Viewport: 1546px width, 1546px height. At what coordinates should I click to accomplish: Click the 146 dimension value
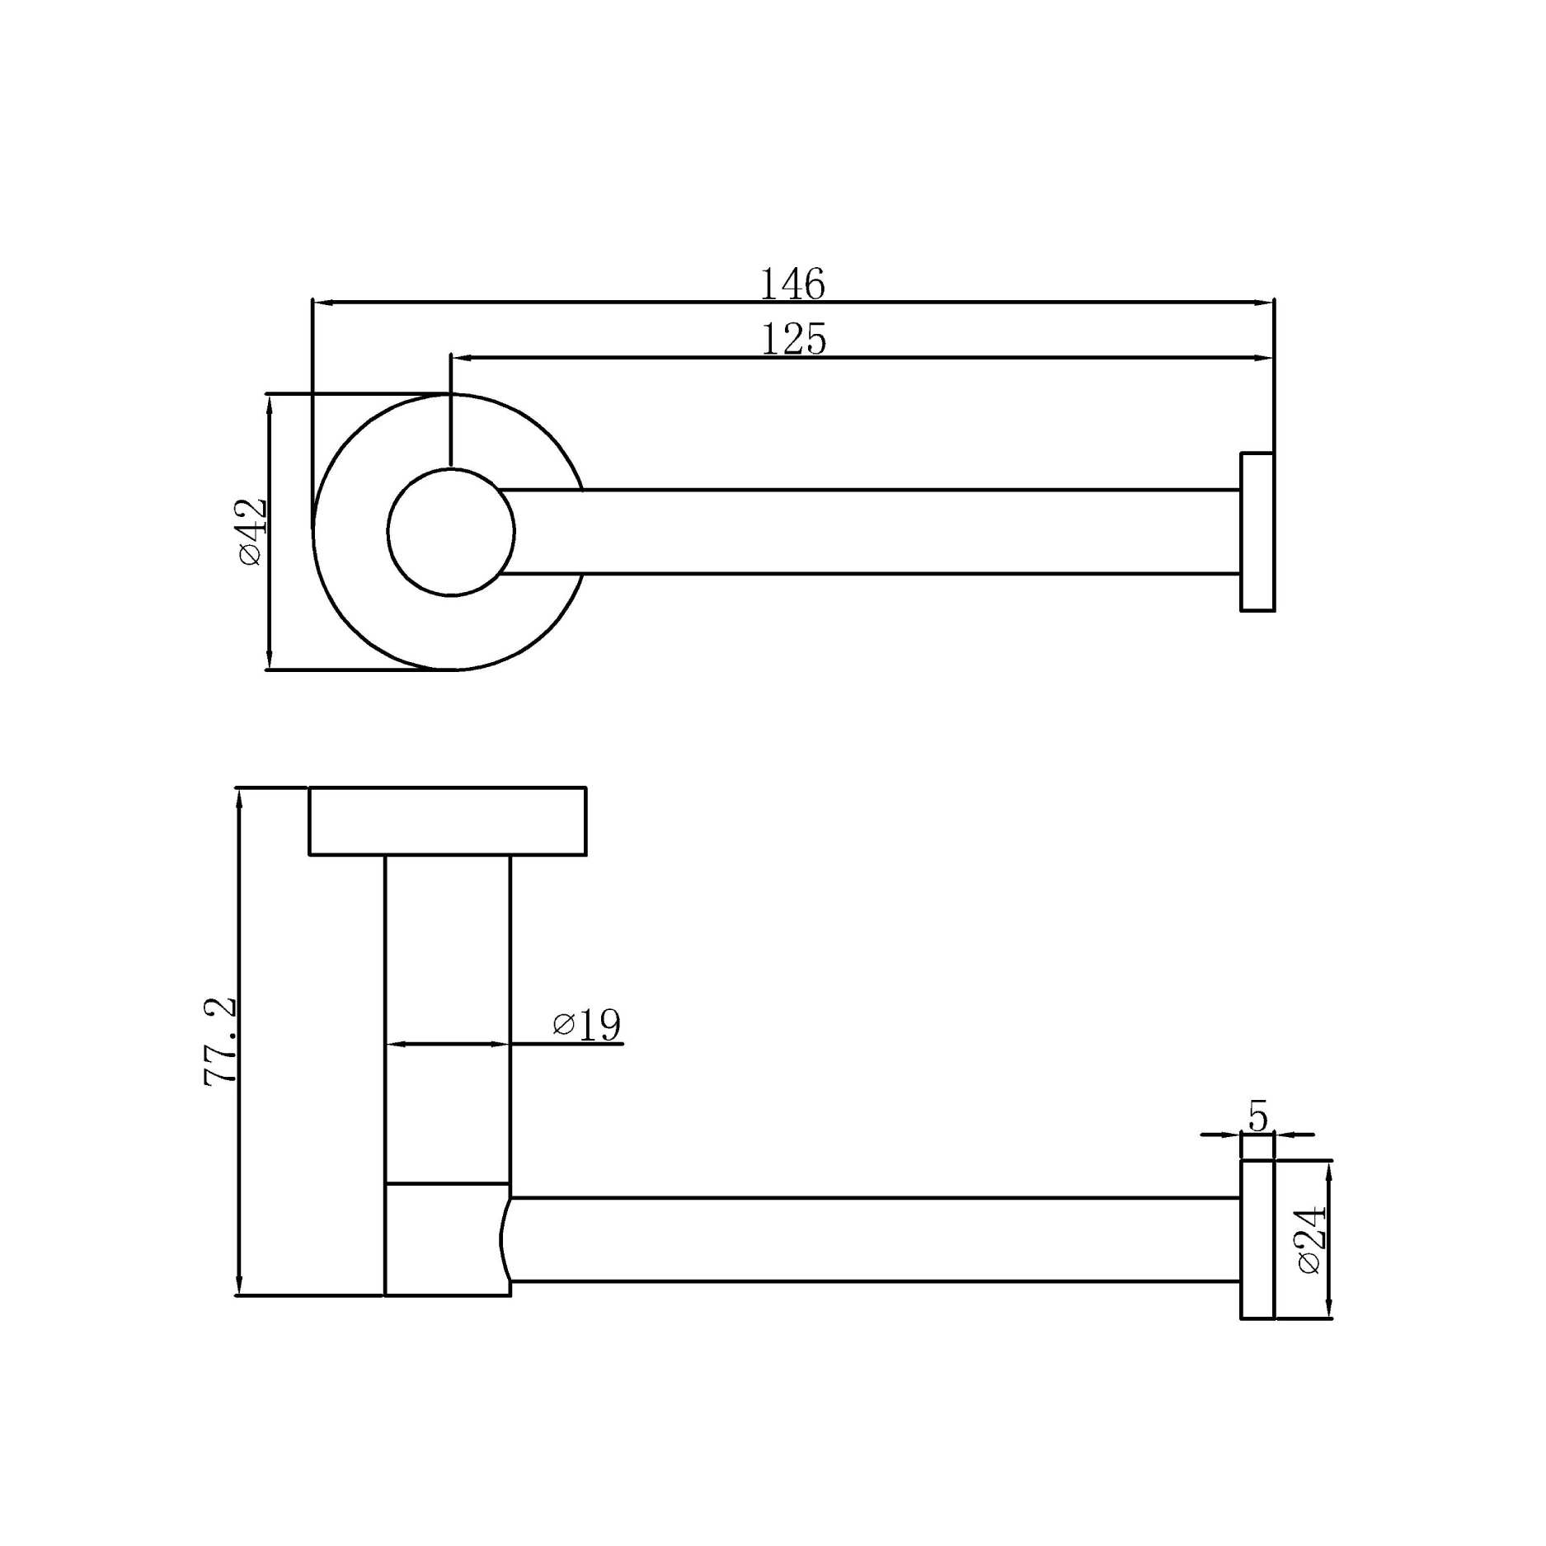pyautogui.click(x=792, y=284)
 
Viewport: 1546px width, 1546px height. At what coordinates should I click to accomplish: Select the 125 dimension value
pyautogui.click(x=793, y=340)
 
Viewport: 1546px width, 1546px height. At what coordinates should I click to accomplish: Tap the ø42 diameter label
pyautogui.click(x=252, y=531)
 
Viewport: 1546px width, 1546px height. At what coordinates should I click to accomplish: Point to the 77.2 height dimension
pyautogui.click(x=220, y=1041)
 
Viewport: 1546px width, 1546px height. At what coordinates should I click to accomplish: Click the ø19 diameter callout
pyautogui.click(x=587, y=1025)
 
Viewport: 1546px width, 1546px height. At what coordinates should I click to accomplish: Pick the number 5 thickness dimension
pyautogui.click(x=1257, y=1116)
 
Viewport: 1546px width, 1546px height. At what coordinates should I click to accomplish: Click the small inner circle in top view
pyautogui.click(x=451, y=532)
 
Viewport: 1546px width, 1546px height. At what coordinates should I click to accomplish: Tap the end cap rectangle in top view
pyautogui.click(x=1257, y=532)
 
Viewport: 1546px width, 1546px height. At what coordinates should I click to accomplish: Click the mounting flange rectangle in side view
pyautogui.click(x=448, y=821)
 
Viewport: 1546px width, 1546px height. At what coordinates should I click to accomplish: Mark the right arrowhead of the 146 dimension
pyautogui.click(x=1266, y=303)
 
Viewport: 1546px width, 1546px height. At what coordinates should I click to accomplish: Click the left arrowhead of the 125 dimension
pyautogui.click(x=461, y=358)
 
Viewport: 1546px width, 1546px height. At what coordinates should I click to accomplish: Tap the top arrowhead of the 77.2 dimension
pyautogui.click(x=238, y=796)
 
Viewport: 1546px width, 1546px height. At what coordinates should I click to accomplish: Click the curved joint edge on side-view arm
pyautogui.click(x=503, y=1239)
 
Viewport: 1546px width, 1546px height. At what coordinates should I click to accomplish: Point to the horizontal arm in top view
pyautogui.click(x=866, y=532)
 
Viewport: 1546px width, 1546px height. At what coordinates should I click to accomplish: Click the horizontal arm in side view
pyautogui.click(x=874, y=1239)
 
